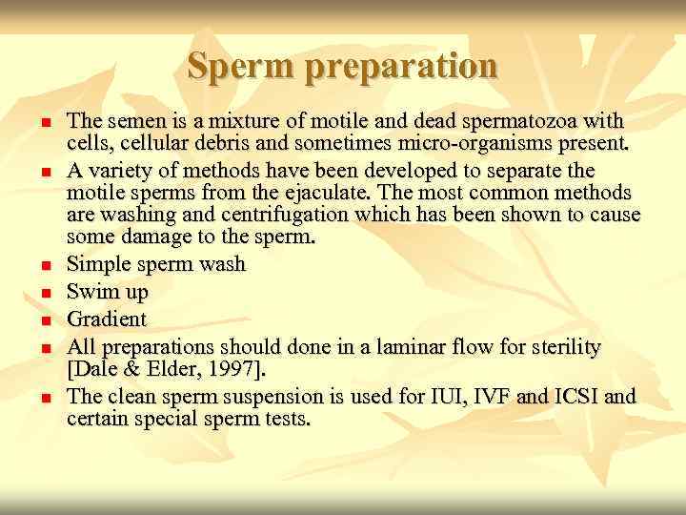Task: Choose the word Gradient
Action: (x=107, y=319)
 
